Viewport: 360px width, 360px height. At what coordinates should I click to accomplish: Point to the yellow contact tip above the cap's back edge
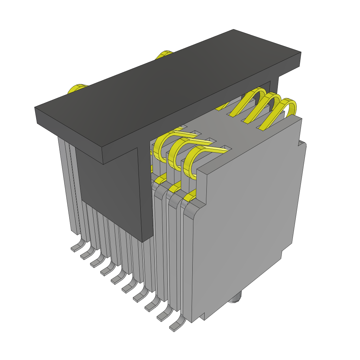click(163, 54)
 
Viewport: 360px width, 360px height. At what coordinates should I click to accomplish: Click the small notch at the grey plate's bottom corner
click(203, 316)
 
